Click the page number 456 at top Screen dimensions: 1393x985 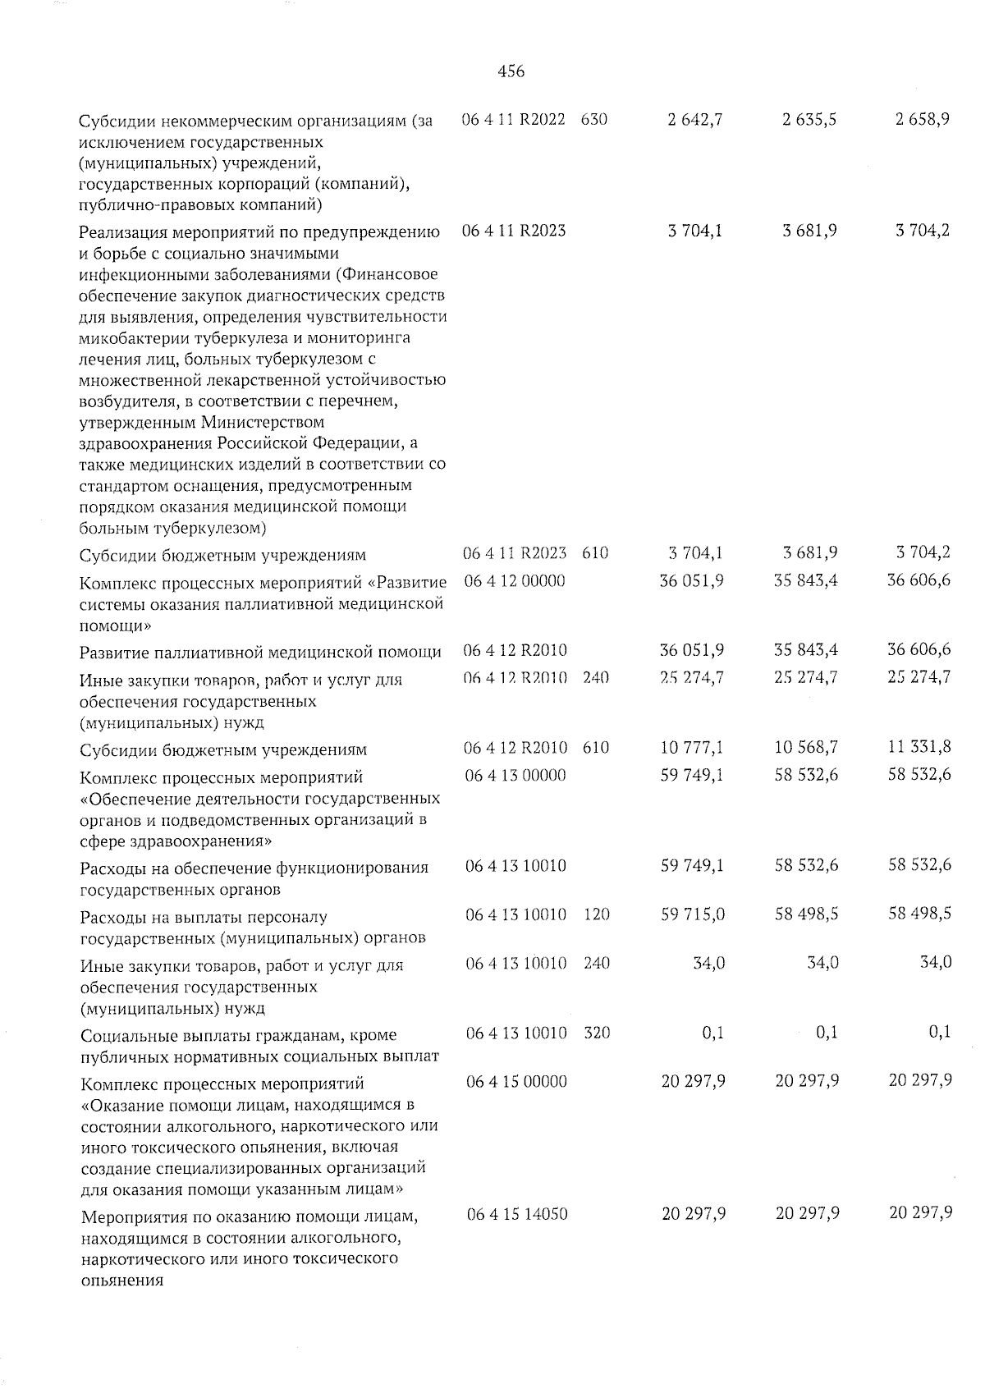pos(511,72)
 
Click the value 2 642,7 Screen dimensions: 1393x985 pos(694,120)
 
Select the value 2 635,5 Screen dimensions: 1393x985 pos(809,120)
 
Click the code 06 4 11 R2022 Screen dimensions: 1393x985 pos(514,120)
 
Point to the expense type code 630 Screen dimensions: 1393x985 pos(593,120)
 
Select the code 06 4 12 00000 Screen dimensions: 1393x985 pos(515,581)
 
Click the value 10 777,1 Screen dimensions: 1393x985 pos(692,748)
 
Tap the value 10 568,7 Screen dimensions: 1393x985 pos(806,748)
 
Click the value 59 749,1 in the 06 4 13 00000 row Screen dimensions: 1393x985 pos(692,774)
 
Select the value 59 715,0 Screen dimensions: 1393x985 pos(693,914)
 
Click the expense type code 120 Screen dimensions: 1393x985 pos(596,914)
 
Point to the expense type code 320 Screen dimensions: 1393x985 pos(596,1033)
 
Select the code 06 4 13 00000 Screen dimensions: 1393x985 pos(515,775)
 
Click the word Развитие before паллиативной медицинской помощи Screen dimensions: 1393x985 pos(113,653)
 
